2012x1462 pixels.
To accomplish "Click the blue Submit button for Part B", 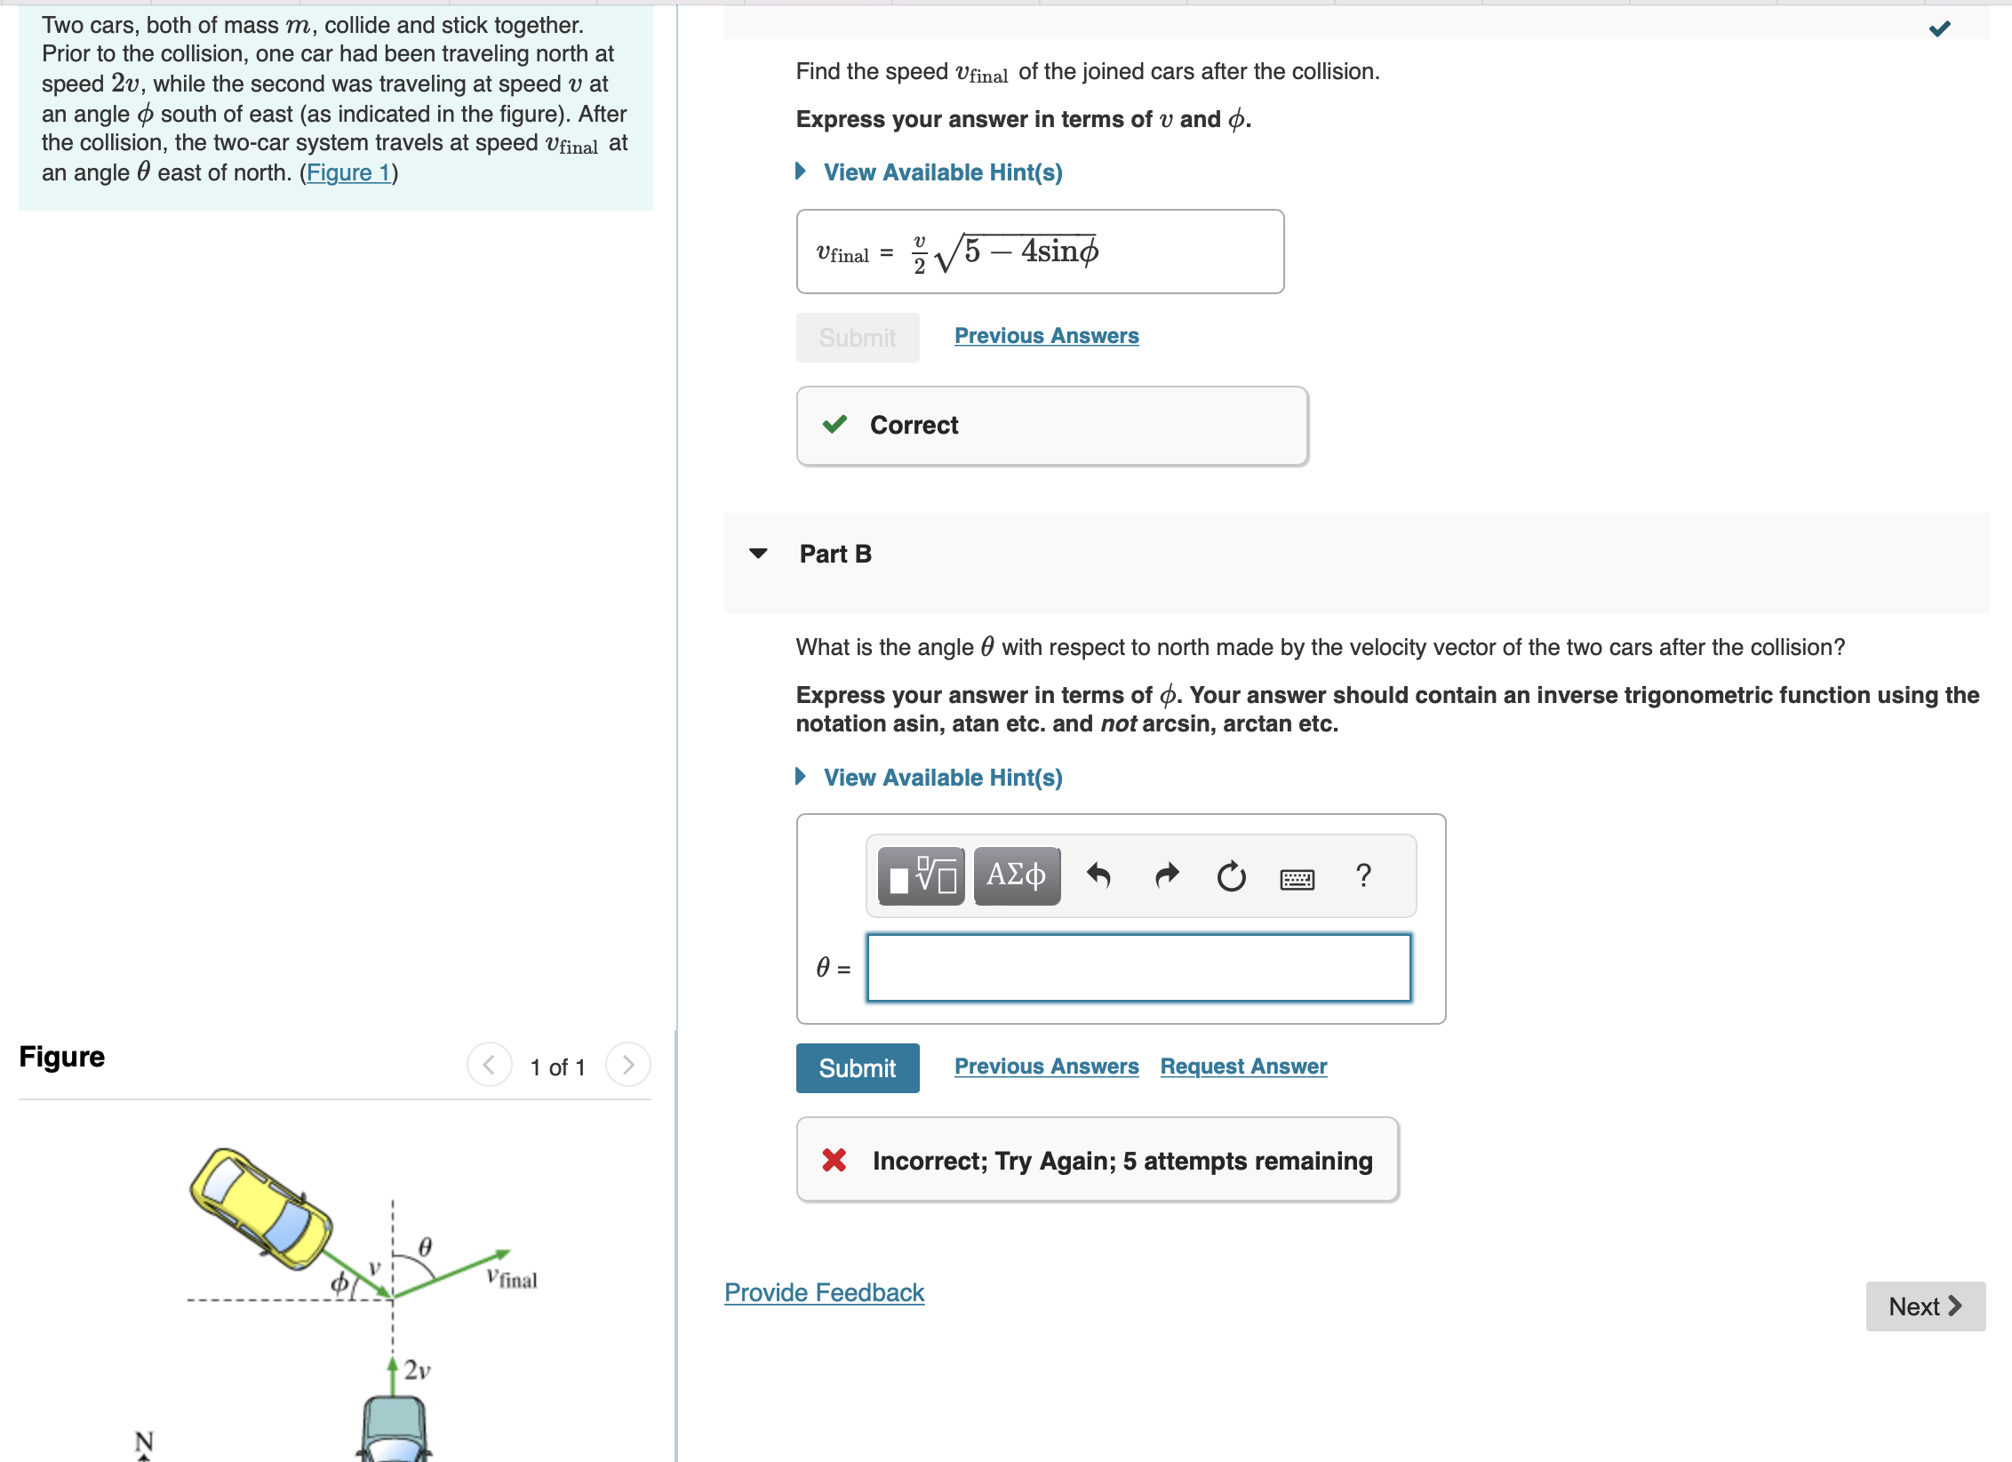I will tap(857, 1067).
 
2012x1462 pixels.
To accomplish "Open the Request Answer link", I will tap(1242, 1066).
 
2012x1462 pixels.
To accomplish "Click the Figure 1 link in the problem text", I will tap(348, 172).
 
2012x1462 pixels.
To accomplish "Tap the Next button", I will tap(1924, 1306).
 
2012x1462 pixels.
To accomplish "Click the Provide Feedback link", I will tap(824, 1292).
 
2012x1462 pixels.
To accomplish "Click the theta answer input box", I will tap(1138, 968).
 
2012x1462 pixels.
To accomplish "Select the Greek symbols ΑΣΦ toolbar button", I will tap(1016, 875).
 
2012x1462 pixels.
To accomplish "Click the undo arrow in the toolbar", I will tap(1098, 875).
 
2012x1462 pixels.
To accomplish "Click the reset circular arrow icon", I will tap(1231, 876).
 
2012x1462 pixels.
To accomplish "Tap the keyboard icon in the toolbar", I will tap(1297, 879).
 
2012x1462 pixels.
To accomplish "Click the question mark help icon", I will tap(1363, 875).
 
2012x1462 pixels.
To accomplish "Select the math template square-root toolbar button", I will tap(921, 875).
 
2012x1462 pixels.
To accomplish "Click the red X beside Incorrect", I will tap(834, 1160).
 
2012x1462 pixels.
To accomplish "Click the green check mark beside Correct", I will tap(834, 424).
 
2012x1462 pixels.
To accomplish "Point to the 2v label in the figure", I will tap(417, 1370).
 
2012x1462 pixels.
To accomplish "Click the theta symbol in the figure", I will tap(425, 1246).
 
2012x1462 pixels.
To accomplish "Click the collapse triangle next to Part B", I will tap(758, 554).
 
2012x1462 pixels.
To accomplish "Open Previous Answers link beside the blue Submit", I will tap(1046, 1066).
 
